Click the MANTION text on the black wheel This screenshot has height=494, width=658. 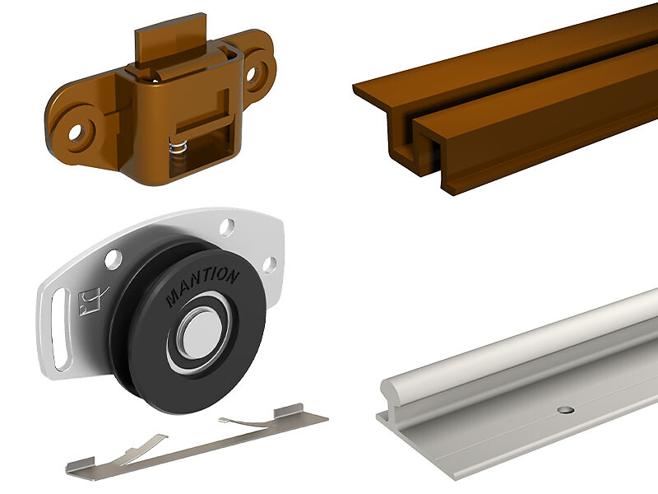202,287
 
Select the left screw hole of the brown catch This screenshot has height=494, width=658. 76,133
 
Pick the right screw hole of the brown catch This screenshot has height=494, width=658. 252,74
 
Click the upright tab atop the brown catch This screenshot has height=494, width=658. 170,39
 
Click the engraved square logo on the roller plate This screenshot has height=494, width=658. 90,301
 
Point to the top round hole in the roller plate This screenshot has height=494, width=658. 227,226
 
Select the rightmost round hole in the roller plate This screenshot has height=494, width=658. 270,265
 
